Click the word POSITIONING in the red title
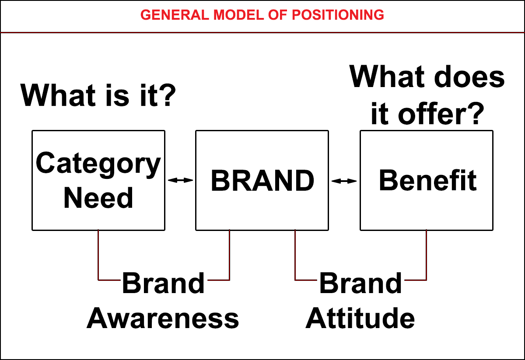pyautogui.click(x=338, y=15)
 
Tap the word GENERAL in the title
pyautogui.click(x=175, y=15)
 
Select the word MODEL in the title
pyautogui.click(x=239, y=15)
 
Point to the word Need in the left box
pyautogui.click(x=98, y=198)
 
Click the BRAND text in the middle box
pyautogui.click(x=262, y=181)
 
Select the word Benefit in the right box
pyautogui.click(x=428, y=181)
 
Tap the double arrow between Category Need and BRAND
pyautogui.click(x=180, y=180)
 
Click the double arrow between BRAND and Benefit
pyautogui.click(x=344, y=181)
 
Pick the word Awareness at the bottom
pyautogui.click(x=163, y=318)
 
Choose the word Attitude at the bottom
pyautogui.click(x=360, y=318)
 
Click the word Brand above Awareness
pyautogui.click(x=163, y=283)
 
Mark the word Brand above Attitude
pyautogui.click(x=360, y=283)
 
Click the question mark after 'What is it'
pyautogui.click(x=169, y=94)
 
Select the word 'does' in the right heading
pyautogui.click(x=469, y=77)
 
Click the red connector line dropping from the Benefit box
pyautogui.click(x=426, y=255)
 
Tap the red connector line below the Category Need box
pyautogui.click(x=98, y=255)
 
